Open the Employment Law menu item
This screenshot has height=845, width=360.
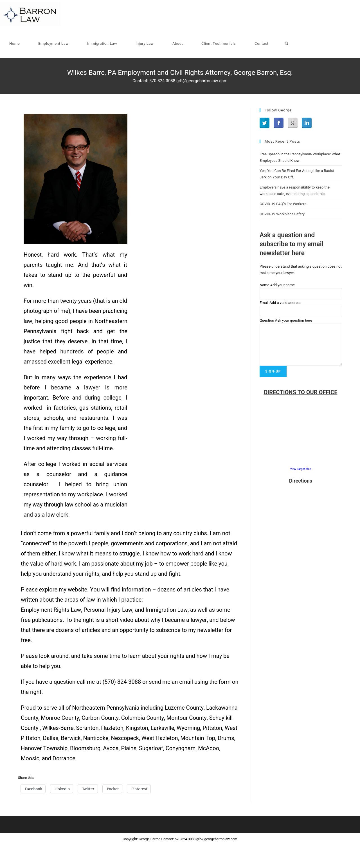coord(53,44)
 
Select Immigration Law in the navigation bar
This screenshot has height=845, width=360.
coord(102,44)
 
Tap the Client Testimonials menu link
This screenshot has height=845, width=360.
coord(218,44)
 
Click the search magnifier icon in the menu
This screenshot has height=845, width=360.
coord(286,44)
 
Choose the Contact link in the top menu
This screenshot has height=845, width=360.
coord(261,44)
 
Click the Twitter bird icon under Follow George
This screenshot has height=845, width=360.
coord(264,123)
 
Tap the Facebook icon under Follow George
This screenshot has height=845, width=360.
coord(278,123)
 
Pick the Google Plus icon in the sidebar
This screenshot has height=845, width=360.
coord(292,123)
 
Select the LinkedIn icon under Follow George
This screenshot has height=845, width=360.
coord(307,123)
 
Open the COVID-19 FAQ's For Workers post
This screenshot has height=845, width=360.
coord(283,204)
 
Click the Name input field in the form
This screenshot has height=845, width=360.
coord(300,293)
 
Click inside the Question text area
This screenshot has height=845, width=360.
coord(300,344)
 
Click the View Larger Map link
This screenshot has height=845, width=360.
coord(300,469)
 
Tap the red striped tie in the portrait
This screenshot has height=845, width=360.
coord(79,180)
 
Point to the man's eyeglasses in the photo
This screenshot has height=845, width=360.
coord(76,148)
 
